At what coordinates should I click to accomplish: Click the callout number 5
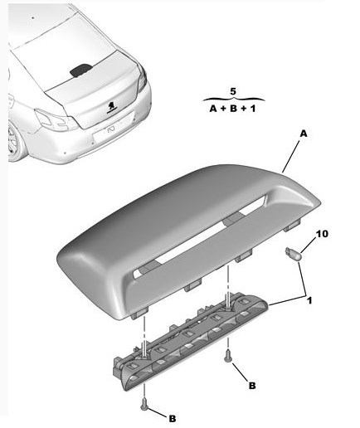(x=233, y=91)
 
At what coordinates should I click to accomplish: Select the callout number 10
(x=322, y=234)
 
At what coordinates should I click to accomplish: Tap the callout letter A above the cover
(x=304, y=134)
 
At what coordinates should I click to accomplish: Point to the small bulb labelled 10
(x=293, y=253)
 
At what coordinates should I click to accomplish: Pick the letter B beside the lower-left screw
(x=173, y=419)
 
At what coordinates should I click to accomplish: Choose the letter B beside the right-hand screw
(x=252, y=386)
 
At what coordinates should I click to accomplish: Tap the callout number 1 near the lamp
(x=309, y=300)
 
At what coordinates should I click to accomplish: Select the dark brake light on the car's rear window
(x=80, y=71)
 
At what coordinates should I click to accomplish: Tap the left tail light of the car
(x=54, y=120)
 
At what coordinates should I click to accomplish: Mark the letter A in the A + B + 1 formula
(x=213, y=109)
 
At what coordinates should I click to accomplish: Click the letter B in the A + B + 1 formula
(x=234, y=109)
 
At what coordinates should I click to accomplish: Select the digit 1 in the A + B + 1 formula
(x=253, y=109)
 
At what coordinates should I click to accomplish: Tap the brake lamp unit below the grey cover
(x=191, y=342)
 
